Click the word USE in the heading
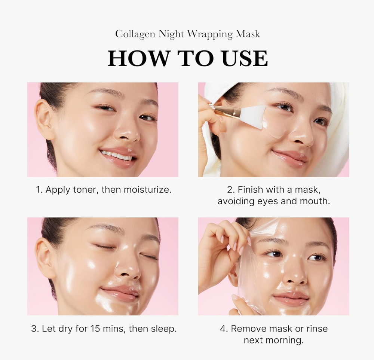click(245, 58)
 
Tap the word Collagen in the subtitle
click(135, 34)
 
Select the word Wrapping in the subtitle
click(209, 34)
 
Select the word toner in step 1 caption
click(86, 190)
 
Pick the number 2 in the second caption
click(230, 190)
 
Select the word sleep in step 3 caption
click(163, 329)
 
